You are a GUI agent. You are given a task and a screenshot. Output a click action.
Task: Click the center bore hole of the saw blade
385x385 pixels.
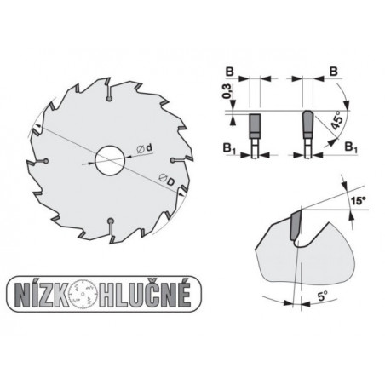(x=109, y=160)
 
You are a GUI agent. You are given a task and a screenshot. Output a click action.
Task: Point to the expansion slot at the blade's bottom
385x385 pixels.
(x=111, y=223)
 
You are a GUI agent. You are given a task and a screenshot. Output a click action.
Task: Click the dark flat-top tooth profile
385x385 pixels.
(x=253, y=127)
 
